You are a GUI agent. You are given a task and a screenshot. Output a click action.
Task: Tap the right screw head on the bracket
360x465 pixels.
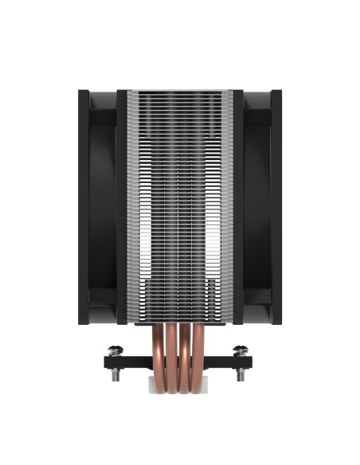(x=239, y=349)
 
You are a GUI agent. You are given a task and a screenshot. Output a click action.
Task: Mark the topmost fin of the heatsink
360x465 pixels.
(x=180, y=92)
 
